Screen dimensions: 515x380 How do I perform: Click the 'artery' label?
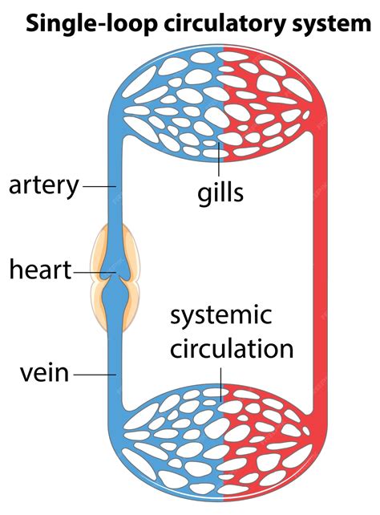pyautogui.click(x=44, y=185)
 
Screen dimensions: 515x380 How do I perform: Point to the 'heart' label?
pyautogui.click(x=40, y=270)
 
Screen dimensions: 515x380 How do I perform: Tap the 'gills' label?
pyautogui.click(x=220, y=193)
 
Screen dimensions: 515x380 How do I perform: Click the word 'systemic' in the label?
pyautogui.click(x=220, y=315)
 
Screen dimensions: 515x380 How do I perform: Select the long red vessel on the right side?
pyautogui.click(x=321, y=273)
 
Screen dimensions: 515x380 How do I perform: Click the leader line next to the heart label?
pyautogui.click(x=93, y=272)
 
